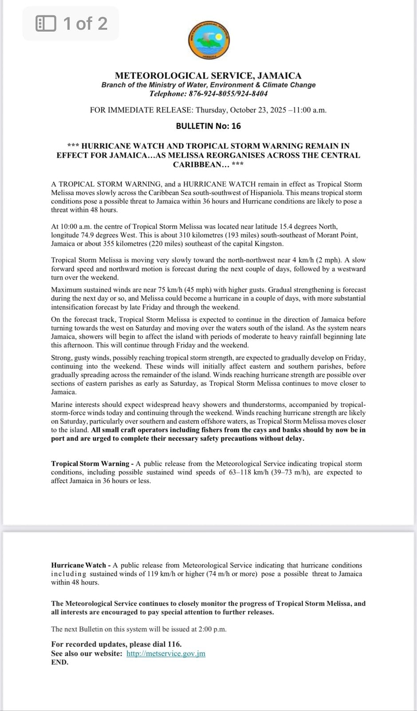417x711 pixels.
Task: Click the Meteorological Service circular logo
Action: click(x=208, y=40)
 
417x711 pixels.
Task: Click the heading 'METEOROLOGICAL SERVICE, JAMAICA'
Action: click(x=208, y=76)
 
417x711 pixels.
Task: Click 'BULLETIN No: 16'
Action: click(x=208, y=126)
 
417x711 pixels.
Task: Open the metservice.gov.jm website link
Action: click(x=166, y=654)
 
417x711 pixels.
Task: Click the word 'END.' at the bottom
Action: click(x=60, y=662)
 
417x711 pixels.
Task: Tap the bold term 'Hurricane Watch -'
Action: click(x=81, y=565)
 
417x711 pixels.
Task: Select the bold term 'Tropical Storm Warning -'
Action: click(x=92, y=463)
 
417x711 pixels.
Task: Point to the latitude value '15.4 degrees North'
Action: click(x=309, y=227)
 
